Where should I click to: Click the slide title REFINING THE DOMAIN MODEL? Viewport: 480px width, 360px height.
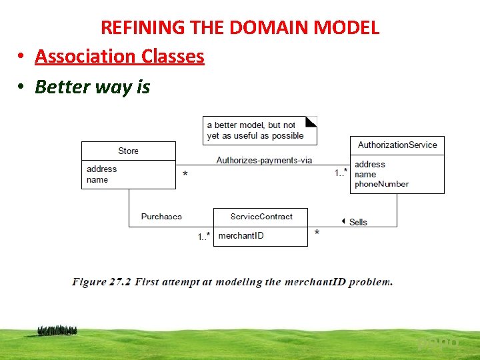240,27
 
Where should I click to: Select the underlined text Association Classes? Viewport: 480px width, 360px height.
119,57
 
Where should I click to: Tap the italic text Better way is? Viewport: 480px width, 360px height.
93,87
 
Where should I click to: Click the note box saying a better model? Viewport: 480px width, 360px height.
259,130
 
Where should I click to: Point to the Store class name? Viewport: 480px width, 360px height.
128,151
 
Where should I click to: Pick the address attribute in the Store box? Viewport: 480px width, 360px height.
101,169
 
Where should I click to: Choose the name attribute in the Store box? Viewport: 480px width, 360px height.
97,180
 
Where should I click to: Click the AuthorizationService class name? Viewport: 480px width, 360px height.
397,145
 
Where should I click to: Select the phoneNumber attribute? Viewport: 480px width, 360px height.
381,184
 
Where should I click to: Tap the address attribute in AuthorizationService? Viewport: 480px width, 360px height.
370,165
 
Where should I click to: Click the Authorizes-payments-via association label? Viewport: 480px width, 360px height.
264,160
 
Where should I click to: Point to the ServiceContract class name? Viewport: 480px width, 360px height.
261,217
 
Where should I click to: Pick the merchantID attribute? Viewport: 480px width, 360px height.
241,236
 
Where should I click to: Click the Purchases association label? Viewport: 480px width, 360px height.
161,217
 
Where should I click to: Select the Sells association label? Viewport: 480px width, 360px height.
358,222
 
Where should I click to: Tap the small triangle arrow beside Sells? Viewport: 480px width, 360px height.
343,221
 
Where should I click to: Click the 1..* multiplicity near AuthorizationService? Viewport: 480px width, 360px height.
340,173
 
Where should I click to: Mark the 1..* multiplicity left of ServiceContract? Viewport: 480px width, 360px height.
204,237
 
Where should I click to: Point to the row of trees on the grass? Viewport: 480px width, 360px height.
57,330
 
